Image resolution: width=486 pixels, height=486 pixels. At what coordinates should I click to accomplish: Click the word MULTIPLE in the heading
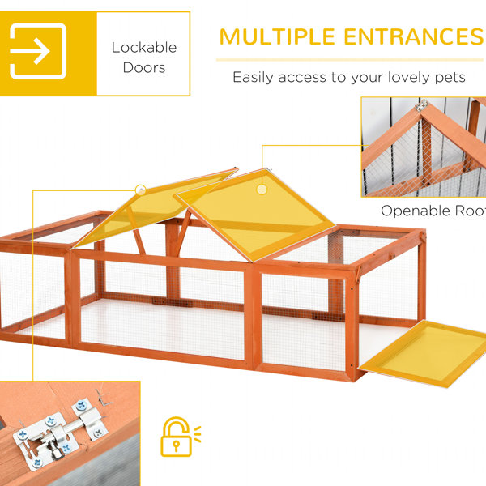(277, 37)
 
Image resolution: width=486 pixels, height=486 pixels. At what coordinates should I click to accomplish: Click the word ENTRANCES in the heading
(414, 37)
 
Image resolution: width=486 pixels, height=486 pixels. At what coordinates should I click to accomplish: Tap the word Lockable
(144, 48)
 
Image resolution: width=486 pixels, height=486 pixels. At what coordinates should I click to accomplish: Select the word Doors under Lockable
(144, 67)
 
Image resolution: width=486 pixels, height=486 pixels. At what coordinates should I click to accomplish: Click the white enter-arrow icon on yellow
(38, 51)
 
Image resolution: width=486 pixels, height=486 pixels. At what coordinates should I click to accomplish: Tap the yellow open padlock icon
(181, 437)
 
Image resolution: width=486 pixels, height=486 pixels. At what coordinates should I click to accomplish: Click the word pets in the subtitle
(450, 78)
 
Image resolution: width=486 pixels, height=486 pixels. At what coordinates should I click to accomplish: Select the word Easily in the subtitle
(253, 77)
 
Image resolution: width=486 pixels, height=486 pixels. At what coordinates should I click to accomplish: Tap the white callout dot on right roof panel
(262, 190)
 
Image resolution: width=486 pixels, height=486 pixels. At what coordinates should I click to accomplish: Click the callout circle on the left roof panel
(140, 190)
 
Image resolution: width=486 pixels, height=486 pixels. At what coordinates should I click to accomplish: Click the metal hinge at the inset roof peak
(422, 105)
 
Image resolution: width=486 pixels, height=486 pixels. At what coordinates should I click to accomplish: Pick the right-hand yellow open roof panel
(255, 215)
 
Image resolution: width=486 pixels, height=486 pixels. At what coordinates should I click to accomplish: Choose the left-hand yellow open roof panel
(155, 207)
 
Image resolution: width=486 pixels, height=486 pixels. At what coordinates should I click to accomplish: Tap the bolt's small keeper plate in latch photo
(90, 419)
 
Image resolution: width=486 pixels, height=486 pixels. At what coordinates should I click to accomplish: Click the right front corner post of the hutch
(352, 326)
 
